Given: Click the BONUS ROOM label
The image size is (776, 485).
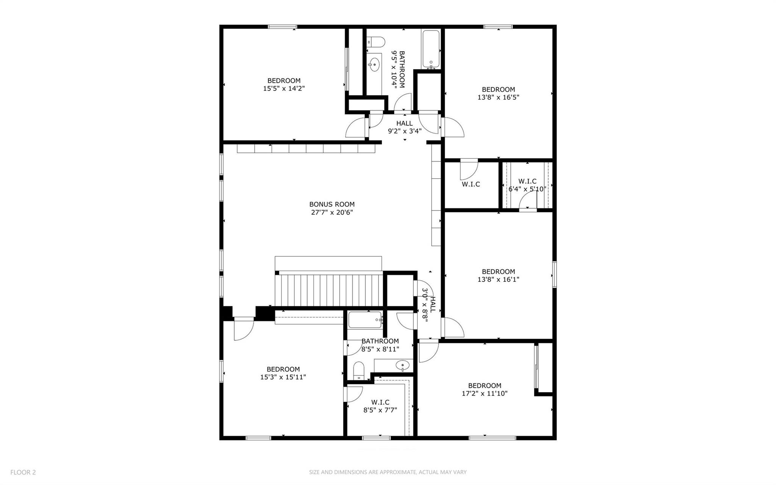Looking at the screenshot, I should [332, 204].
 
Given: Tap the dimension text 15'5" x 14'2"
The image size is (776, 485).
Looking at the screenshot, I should [284, 88].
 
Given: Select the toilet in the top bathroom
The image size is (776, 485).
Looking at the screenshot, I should [376, 41].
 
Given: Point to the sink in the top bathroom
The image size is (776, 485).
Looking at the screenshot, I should [374, 65].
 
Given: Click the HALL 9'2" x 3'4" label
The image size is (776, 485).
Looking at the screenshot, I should [404, 127].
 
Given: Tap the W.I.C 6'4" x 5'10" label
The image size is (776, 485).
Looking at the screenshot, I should [527, 185].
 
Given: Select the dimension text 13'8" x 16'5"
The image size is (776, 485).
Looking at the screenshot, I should [498, 97].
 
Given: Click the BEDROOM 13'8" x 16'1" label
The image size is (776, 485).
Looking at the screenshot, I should [498, 275].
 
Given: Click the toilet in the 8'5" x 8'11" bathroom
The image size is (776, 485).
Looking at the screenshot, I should [358, 370].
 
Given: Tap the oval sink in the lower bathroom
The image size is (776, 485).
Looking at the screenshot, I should [402, 366].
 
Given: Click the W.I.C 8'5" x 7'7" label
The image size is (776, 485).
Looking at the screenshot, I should [380, 406].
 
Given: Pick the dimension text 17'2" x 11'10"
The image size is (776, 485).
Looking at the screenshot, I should [484, 394].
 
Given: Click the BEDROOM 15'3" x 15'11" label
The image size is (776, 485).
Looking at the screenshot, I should [283, 373].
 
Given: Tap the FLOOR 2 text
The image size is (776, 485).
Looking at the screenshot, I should [23, 472].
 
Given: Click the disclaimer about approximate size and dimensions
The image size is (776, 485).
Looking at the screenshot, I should [388, 472].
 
